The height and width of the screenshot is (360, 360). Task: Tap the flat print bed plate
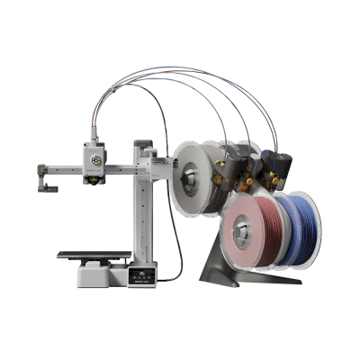point(90,255)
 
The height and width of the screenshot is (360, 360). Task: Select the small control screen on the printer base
point(141,274)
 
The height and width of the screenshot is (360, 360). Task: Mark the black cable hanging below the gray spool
point(179,243)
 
